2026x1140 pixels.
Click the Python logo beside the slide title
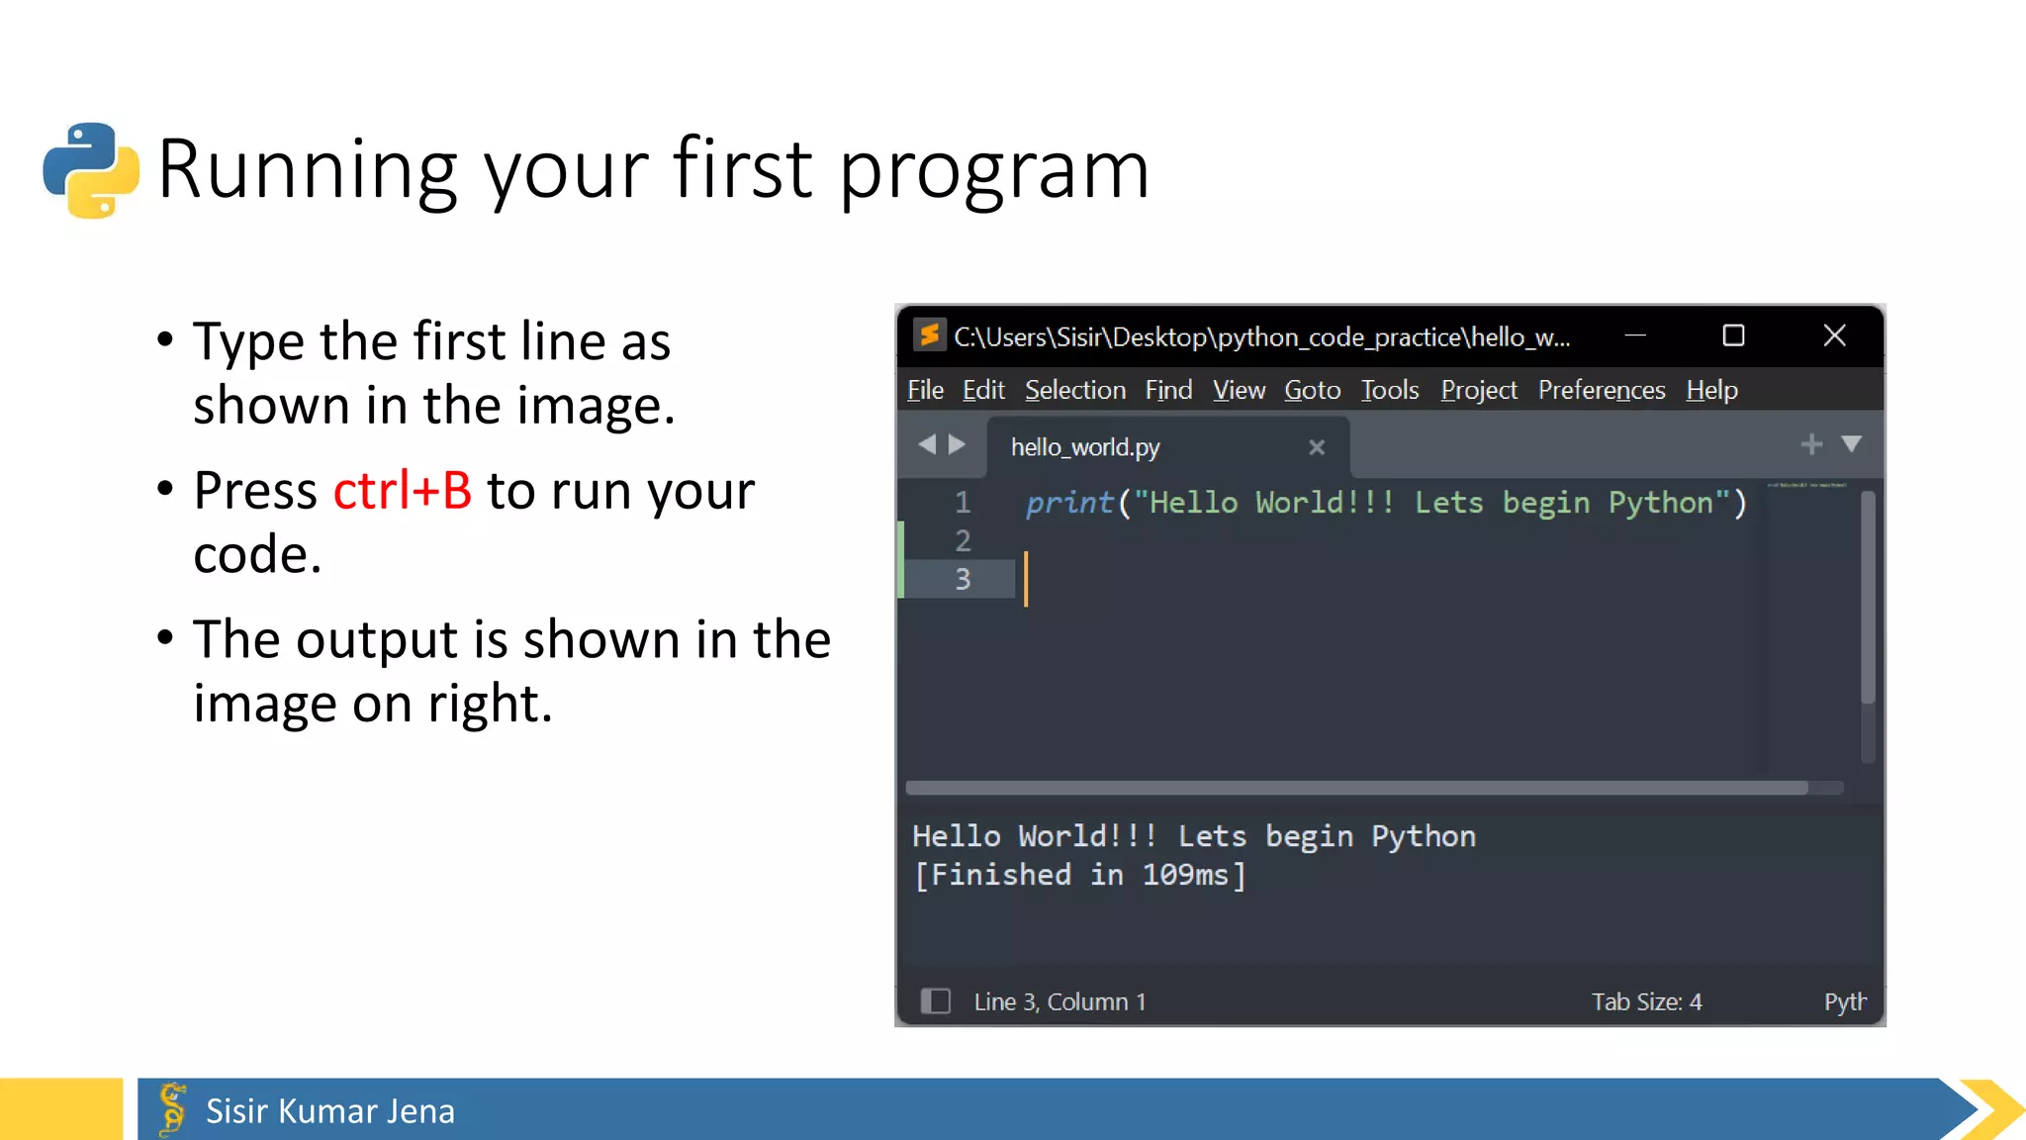click(91, 170)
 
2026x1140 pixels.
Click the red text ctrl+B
click(402, 491)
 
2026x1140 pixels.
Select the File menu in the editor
click(925, 391)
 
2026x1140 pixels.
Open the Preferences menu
click(1601, 391)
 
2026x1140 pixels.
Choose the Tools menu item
click(1389, 391)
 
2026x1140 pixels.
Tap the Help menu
click(1711, 391)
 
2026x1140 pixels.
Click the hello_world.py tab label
click(1085, 447)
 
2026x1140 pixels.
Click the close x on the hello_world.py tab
click(1316, 447)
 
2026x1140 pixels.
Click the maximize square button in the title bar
click(1733, 336)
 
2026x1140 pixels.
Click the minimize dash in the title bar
click(1635, 336)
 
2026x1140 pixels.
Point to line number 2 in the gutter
click(963, 541)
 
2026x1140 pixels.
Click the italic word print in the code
click(1069, 504)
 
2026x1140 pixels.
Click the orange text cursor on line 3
click(1026, 579)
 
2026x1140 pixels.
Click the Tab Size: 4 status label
click(1646, 1002)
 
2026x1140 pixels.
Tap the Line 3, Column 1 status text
click(1059, 1002)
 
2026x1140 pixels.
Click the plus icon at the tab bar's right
click(1811, 444)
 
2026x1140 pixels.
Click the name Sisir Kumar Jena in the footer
click(329, 1111)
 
